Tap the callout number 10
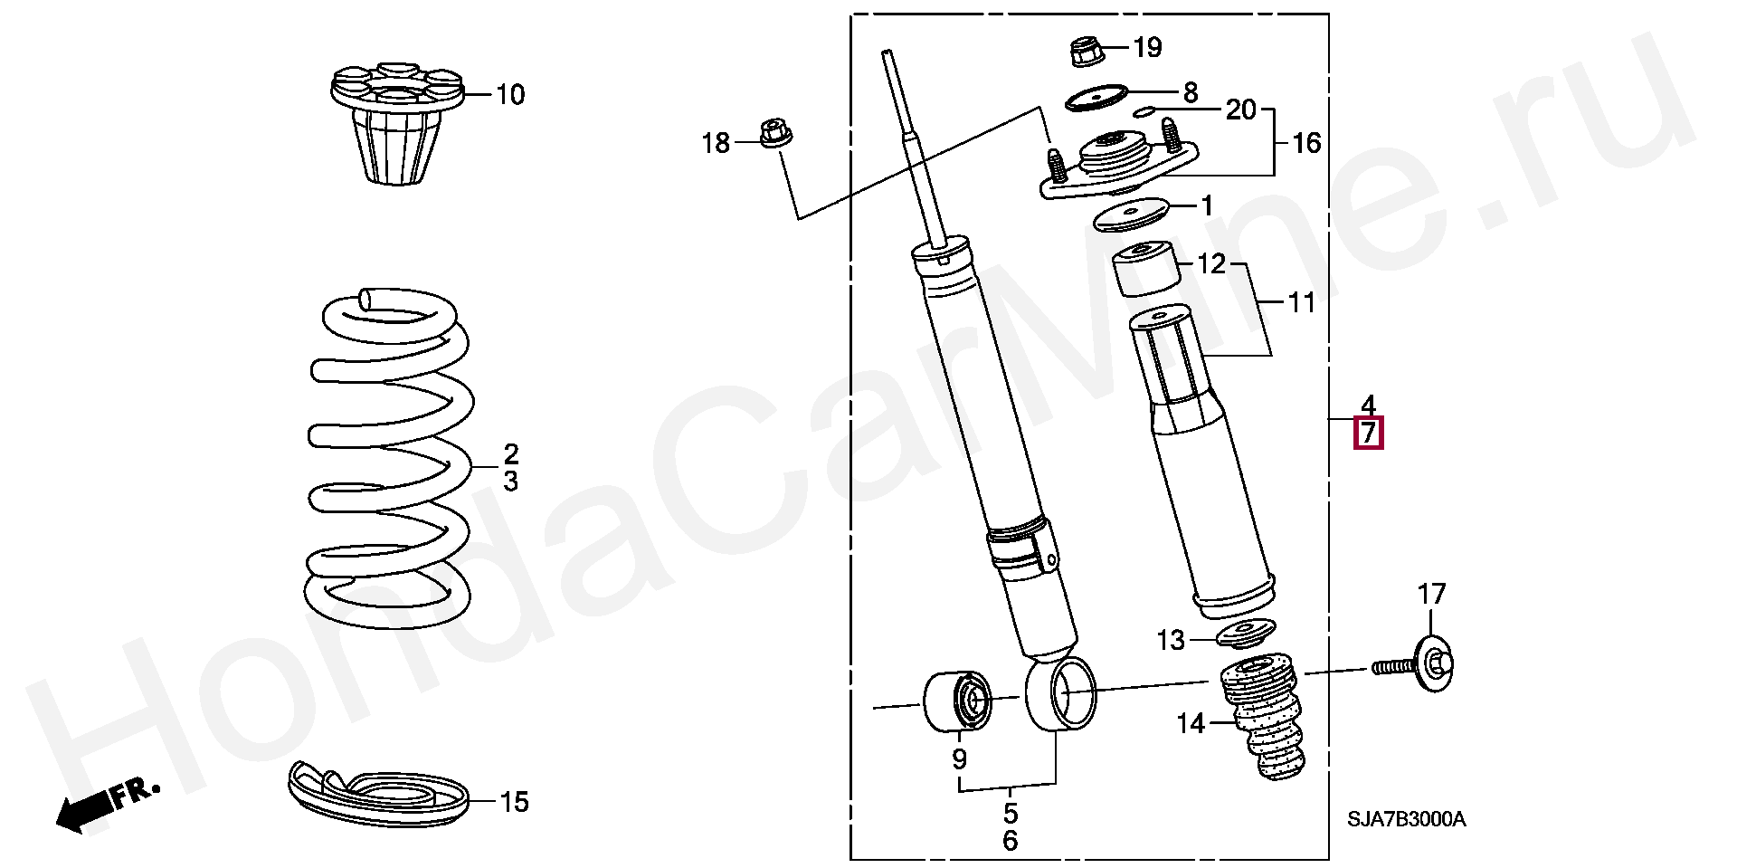[510, 94]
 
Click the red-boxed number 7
[1368, 434]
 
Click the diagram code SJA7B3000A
[1406, 820]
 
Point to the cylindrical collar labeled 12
[1146, 269]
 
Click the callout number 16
[1305, 143]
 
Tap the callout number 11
[1301, 302]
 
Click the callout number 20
[1241, 110]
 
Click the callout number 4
[1368, 404]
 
